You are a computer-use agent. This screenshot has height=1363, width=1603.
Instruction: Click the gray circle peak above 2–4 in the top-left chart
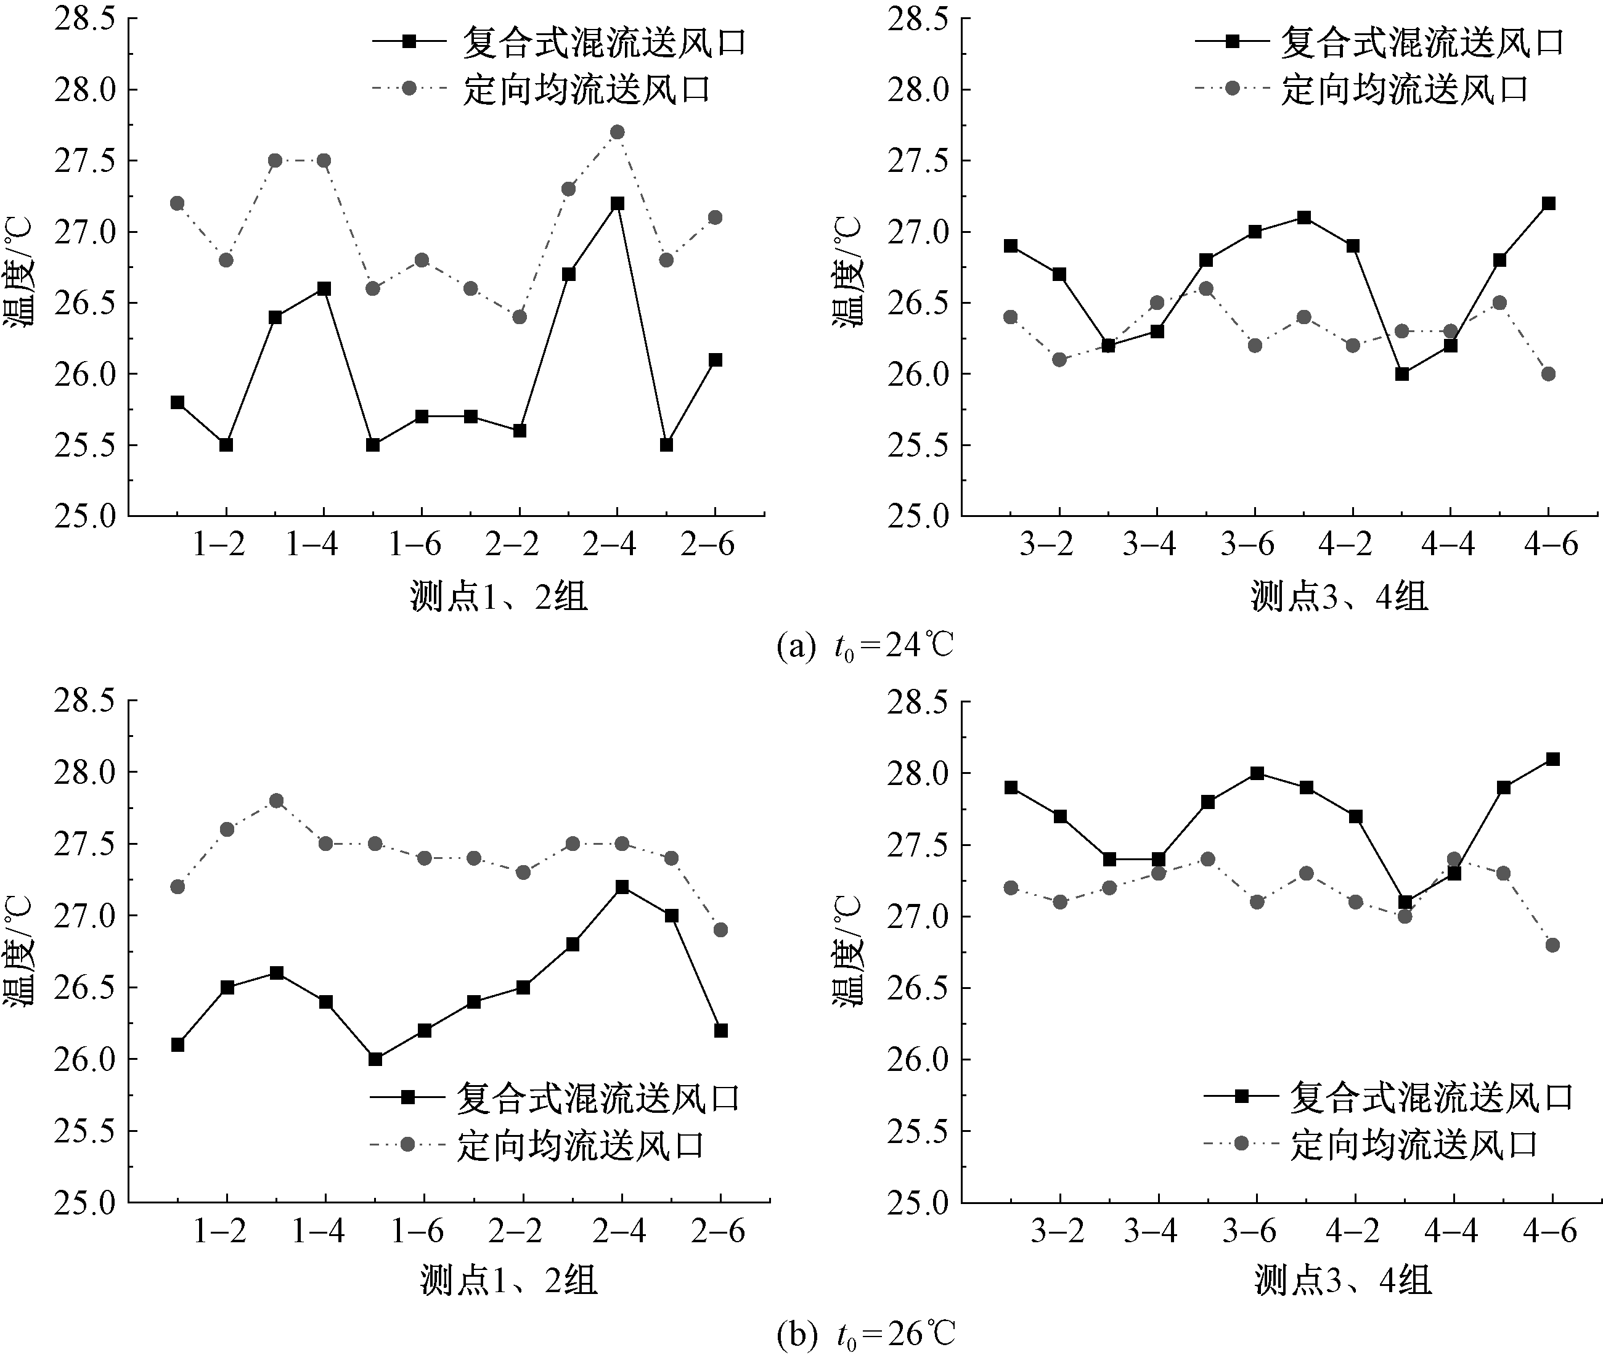(617, 132)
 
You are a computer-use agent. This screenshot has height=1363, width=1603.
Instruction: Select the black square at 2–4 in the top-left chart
(617, 203)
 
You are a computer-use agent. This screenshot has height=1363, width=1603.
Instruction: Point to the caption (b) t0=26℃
(866, 1333)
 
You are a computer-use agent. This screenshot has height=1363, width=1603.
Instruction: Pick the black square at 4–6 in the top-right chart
(1548, 203)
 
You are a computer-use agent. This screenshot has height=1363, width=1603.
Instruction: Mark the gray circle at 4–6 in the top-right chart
(1548, 374)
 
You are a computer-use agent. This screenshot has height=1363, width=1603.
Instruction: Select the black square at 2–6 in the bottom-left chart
(721, 1031)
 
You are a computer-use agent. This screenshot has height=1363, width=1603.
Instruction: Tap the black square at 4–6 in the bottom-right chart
(1552, 759)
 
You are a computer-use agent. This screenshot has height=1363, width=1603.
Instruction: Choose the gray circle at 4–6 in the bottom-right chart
(1552, 945)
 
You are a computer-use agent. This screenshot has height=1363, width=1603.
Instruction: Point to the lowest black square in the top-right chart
(1402, 374)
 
